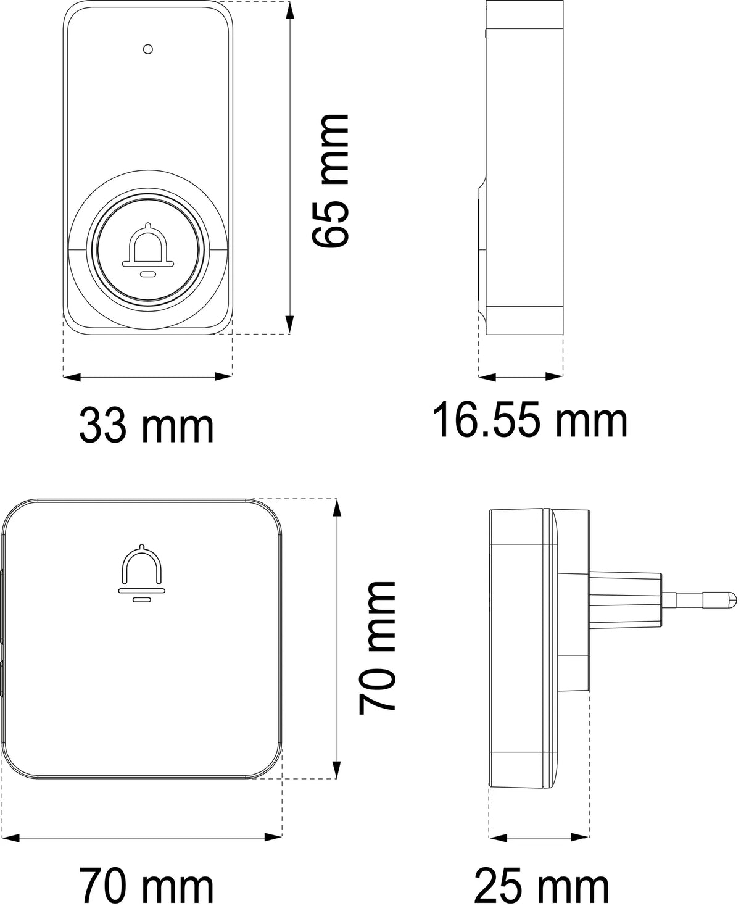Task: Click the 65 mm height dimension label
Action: tap(330, 181)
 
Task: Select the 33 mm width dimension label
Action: tap(147, 426)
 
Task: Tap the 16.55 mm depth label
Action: tap(530, 420)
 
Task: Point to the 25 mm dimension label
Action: tap(541, 886)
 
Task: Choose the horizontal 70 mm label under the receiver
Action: tap(147, 886)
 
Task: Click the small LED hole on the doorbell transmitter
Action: tap(147, 49)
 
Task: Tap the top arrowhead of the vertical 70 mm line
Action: tap(336, 506)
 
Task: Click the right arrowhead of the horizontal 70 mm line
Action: tap(275, 838)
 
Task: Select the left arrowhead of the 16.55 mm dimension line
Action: tap(485, 376)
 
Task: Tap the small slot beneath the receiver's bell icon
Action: tap(142, 599)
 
